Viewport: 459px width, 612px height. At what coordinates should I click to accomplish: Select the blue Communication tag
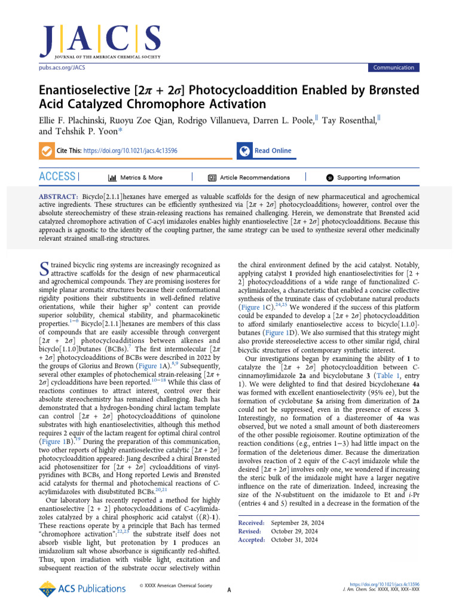tap(393, 68)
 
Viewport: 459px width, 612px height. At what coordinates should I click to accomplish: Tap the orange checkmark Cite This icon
tap(46, 151)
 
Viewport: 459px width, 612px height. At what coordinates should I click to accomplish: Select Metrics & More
tap(136, 178)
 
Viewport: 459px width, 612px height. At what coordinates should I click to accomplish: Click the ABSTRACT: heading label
tap(58, 196)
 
